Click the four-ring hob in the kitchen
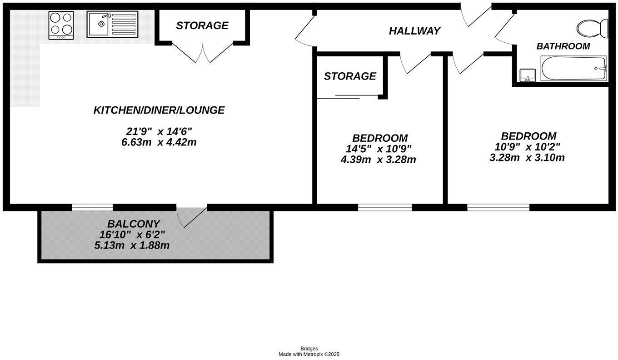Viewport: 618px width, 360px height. click(61, 25)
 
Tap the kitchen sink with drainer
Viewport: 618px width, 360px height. click(112, 25)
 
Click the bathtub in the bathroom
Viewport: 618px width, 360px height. click(573, 69)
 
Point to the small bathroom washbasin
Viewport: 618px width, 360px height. click(528, 75)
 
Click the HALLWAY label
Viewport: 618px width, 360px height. click(414, 31)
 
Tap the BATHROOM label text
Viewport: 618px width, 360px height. click(563, 46)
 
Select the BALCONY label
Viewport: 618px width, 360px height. click(134, 224)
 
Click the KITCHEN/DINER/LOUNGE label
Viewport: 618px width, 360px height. click(159, 110)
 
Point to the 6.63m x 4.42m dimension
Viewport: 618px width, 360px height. click(159, 142)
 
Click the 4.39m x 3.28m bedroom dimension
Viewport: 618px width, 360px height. click(378, 160)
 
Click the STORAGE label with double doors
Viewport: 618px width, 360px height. click(202, 25)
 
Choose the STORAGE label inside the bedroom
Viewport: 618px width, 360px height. click(350, 76)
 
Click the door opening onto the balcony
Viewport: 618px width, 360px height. click(192, 216)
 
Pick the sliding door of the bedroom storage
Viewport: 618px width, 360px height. click(348, 97)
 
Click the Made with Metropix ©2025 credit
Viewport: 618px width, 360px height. click(309, 354)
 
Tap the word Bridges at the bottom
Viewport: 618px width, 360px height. click(309, 349)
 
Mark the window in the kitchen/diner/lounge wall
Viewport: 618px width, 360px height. click(92, 207)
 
